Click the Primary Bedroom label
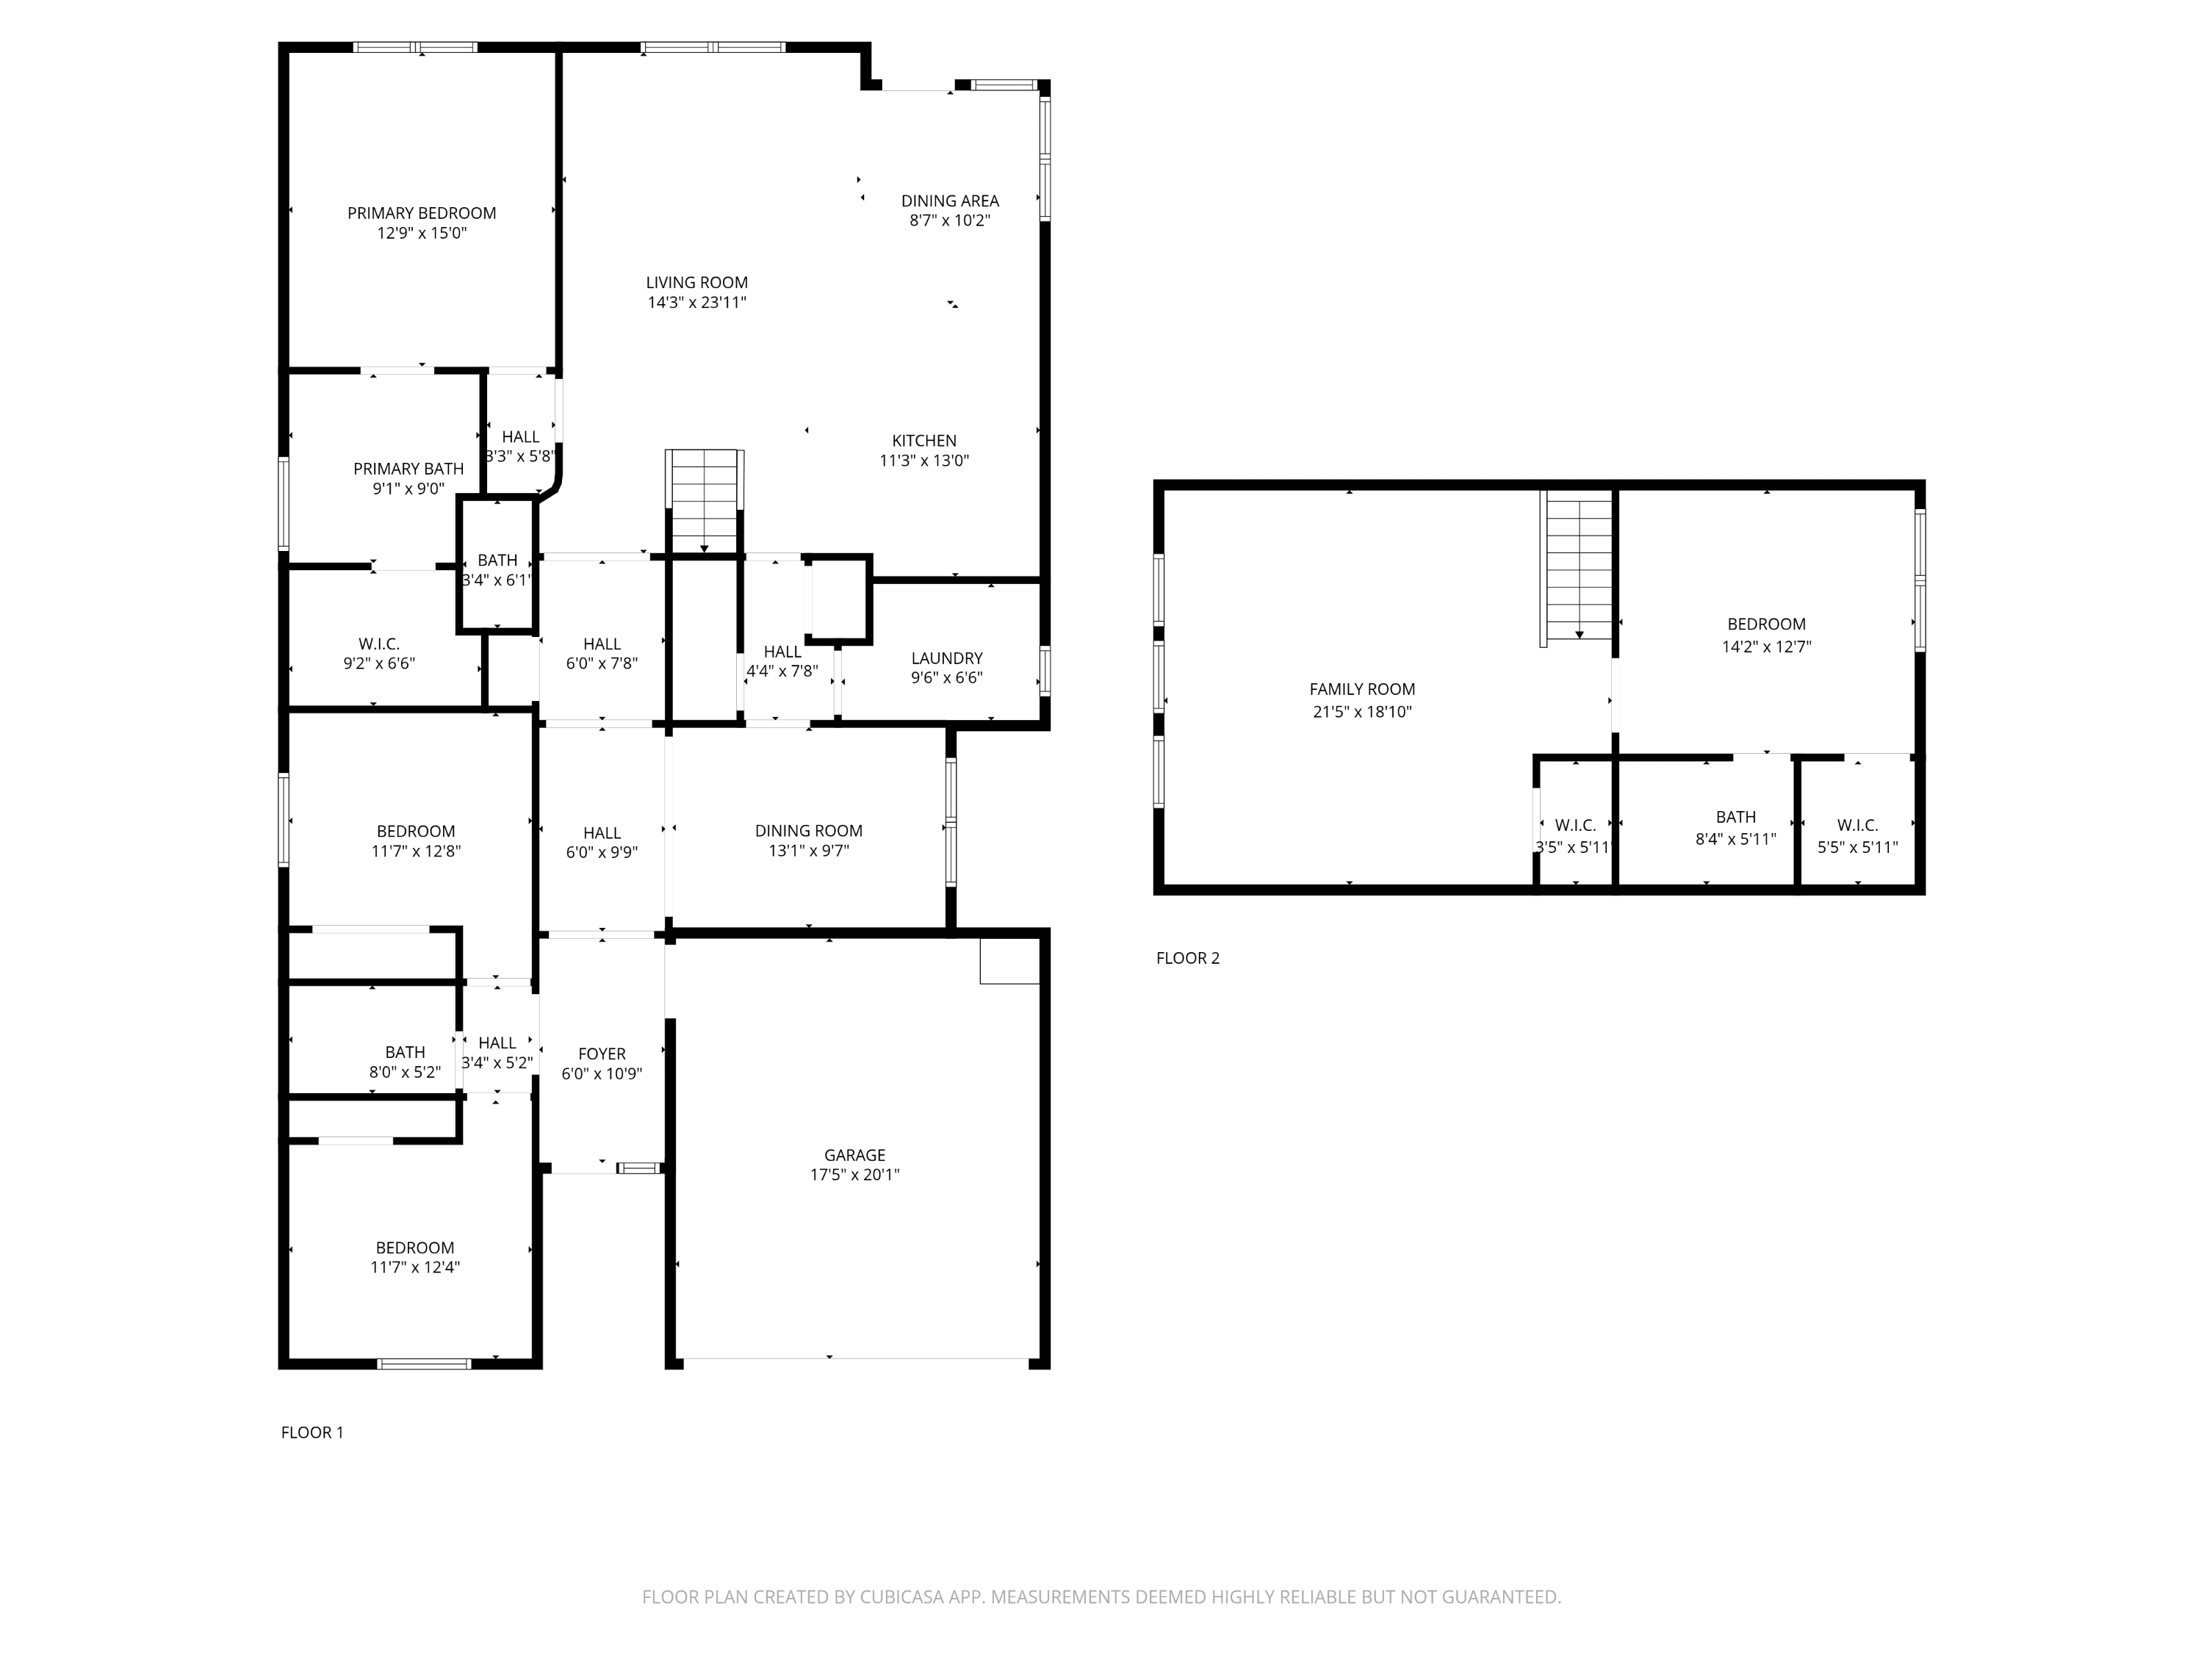pos(422,213)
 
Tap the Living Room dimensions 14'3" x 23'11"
pos(696,303)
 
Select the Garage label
pos(854,1155)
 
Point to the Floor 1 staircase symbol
pos(705,501)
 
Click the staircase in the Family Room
pos(1578,569)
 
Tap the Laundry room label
pos(946,658)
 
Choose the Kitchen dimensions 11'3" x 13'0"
pos(923,461)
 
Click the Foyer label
pos(602,1054)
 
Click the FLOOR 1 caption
pos(312,1432)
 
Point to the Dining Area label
pos(949,201)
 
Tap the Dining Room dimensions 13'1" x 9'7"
pos(808,851)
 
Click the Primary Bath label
pos(408,468)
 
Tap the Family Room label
pos(1362,688)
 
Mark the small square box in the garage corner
pos(1009,960)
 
